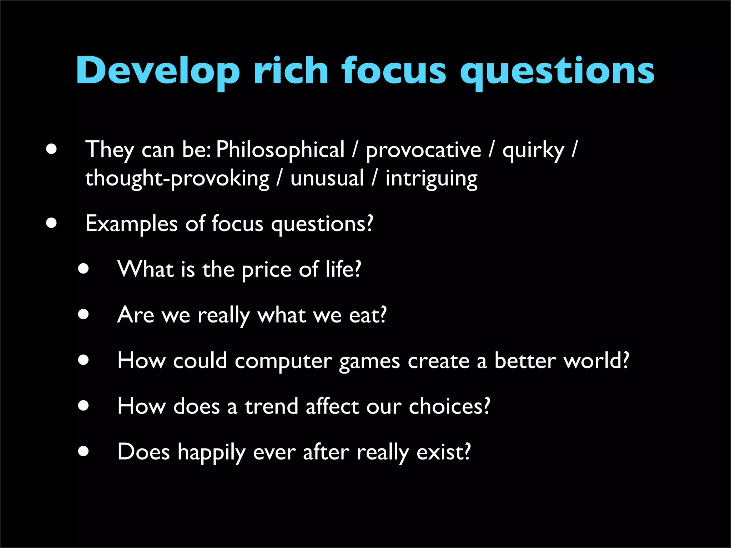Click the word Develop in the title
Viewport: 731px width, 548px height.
pyautogui.click(x=157, y=71)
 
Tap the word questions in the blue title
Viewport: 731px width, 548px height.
pyautogui.click(x=557, y=71)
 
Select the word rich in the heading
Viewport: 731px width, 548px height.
pyautogui.click(x=291, y=71)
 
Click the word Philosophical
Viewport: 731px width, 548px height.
pyautogui.click(x=280, y=150)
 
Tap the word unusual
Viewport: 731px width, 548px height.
pyautogui.click(x=327, y=178)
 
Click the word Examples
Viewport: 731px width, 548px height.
pyautogui.click(x=131, y=224)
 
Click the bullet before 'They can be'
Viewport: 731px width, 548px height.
pyautogui.click(x=51, y=149)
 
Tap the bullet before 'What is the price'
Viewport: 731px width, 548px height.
pyautogui.click(x=84, y=269)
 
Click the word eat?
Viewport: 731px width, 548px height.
pyautogui.click(x=368, y=315)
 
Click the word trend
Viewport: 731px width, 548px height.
pyautogui.click(x=271, y=406)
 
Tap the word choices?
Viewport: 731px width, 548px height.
pyautogui.click(x=449, y=406)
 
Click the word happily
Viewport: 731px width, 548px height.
pyautogui.click(x=212, y=453)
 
